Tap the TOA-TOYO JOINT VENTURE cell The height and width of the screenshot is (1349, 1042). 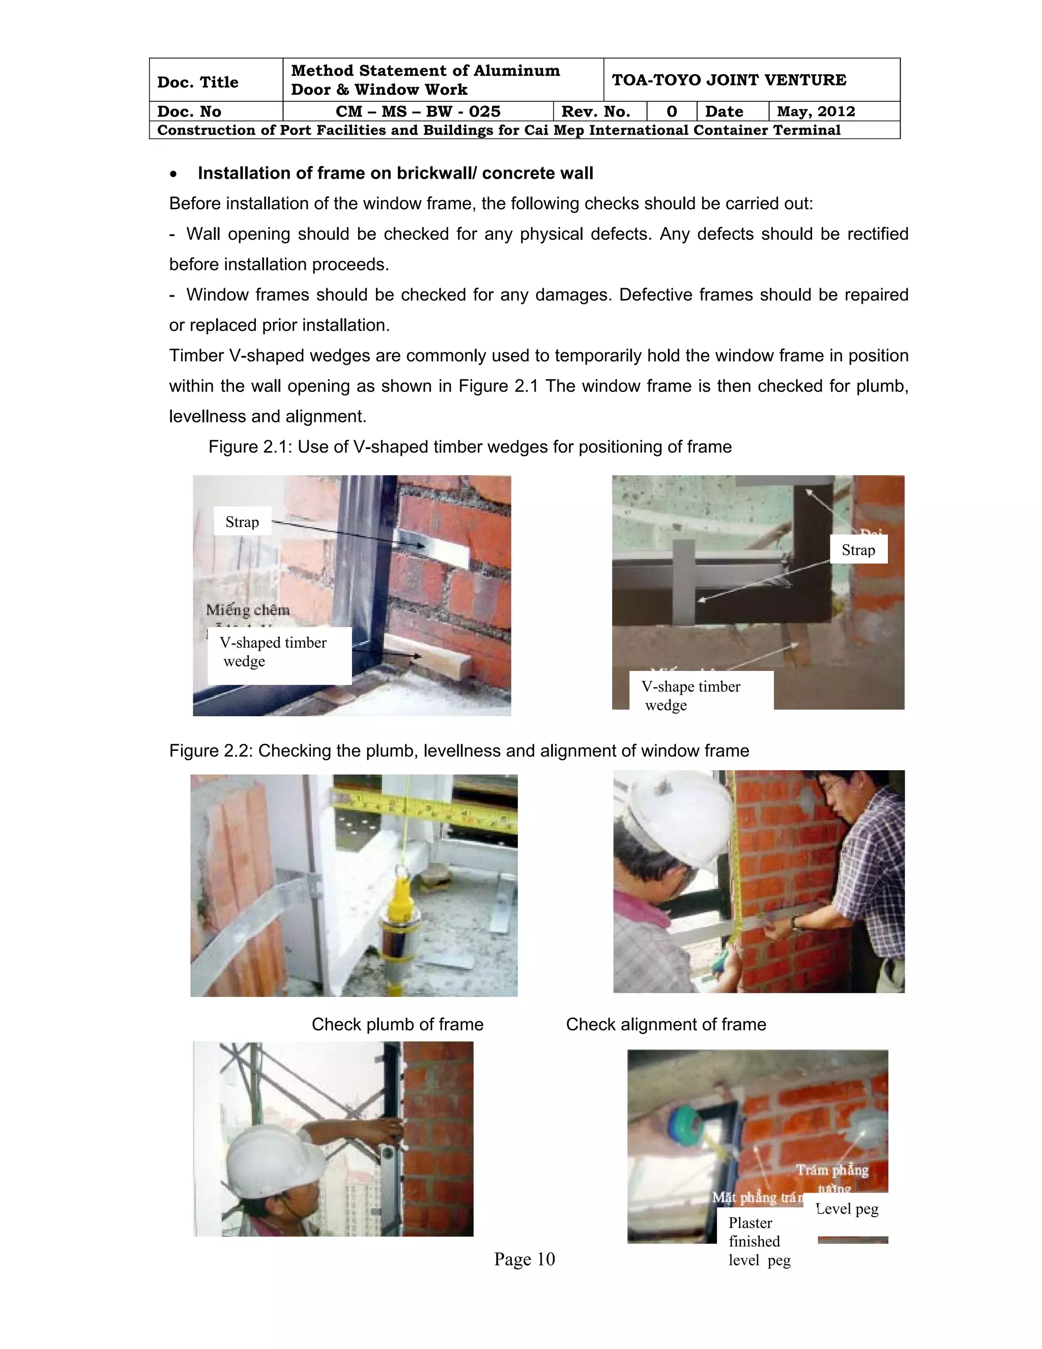point(729,80)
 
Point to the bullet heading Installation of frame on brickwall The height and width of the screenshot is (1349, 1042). point(395,173)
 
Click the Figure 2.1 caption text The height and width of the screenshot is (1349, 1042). point(469,446)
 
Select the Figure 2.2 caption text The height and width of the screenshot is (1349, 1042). point(458,750)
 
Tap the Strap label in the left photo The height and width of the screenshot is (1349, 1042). point(242,522)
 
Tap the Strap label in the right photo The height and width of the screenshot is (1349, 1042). point(858,550)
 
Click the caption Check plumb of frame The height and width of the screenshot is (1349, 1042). point(397,1024)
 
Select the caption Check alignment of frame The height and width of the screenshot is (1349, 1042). point(665,1024)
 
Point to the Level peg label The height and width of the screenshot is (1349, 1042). point(847,1209)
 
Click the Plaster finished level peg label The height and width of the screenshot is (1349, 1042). point(758,1242)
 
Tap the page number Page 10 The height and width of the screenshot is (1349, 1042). point(524,1259)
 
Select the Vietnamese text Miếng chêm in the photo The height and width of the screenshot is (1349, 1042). point(248,610)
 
